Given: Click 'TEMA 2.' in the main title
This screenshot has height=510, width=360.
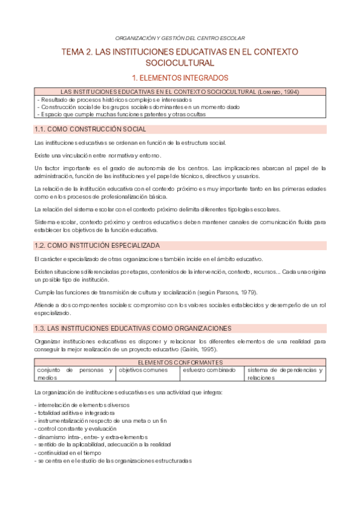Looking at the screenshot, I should pos(79,52).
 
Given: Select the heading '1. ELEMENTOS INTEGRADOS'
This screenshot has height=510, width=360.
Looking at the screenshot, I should pos(180,78).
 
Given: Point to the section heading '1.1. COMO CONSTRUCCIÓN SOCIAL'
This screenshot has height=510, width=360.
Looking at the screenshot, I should pos(91,129).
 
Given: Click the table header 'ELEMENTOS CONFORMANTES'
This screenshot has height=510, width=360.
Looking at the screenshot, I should pos(180,363).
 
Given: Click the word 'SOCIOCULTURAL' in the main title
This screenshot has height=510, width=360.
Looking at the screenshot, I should pos(180,63).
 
